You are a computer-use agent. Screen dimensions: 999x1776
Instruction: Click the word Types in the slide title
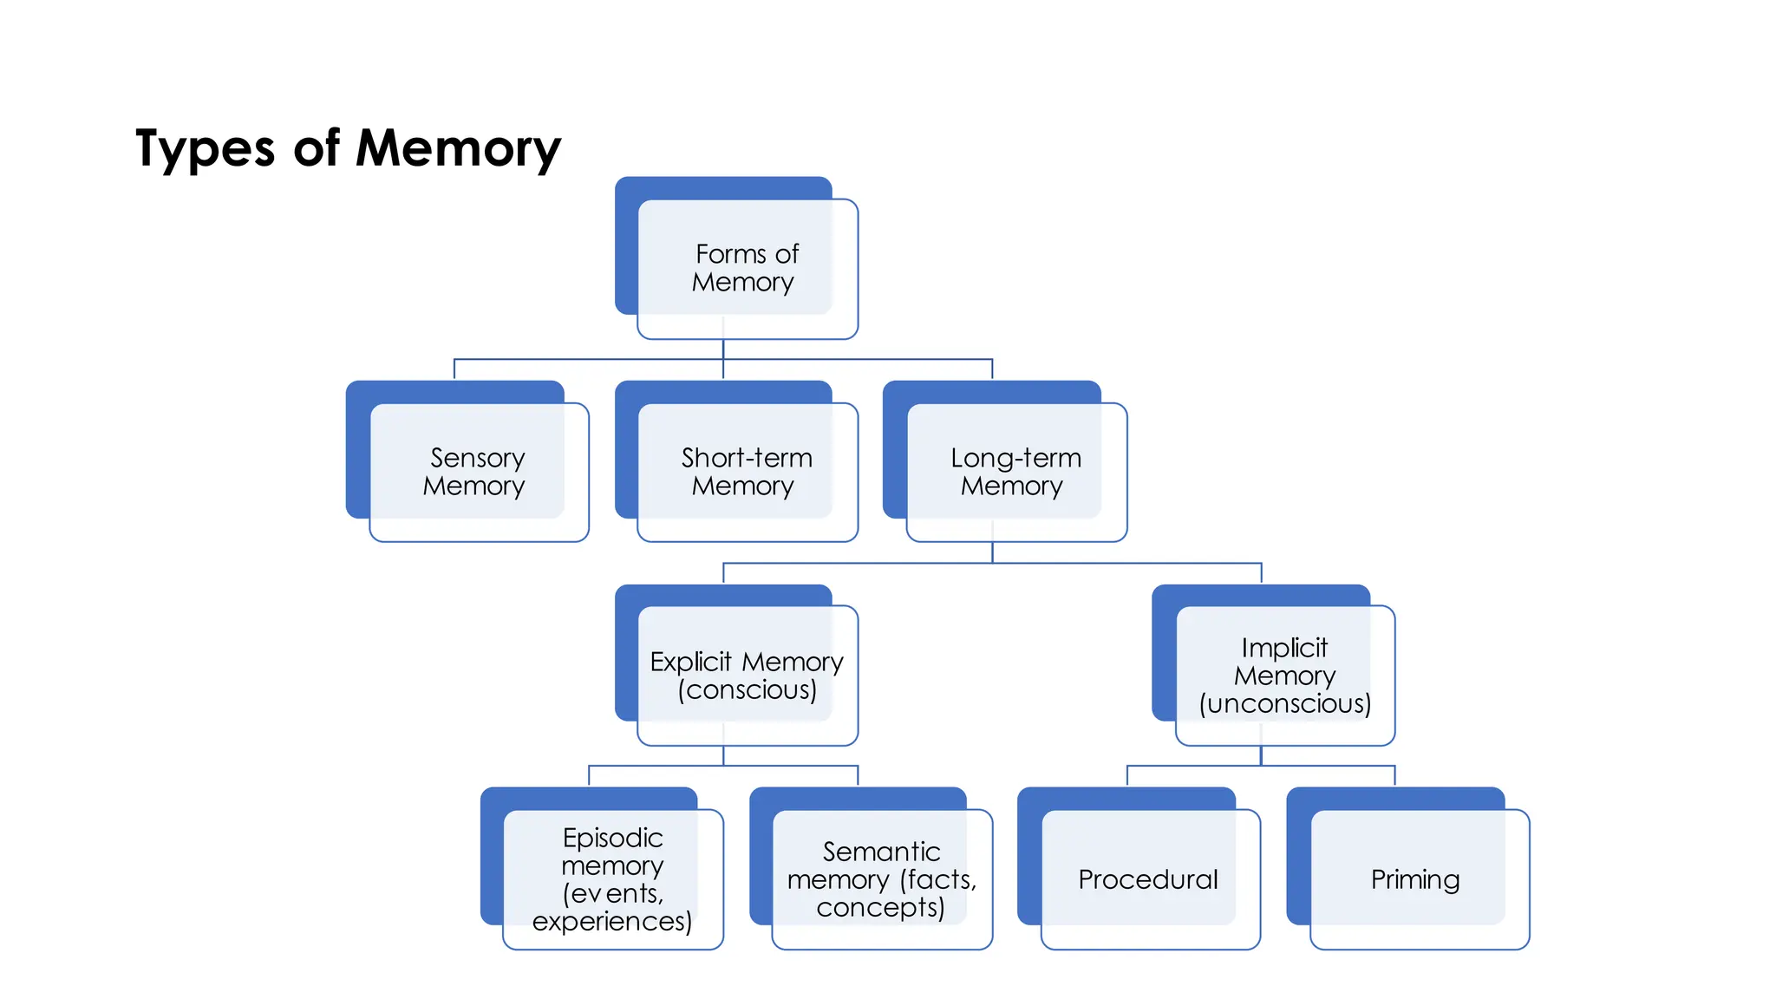tap(205, 149)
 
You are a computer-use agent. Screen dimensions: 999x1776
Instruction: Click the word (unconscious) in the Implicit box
tap(1284, 703)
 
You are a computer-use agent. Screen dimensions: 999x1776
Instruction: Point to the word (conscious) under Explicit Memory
tap(747, 689)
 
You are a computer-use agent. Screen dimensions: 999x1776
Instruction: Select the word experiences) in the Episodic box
tap(611, 921)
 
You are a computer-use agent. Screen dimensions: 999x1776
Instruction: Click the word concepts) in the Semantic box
tap(880, 907)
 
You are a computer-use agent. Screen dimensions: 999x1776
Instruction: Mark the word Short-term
tap(747, 457)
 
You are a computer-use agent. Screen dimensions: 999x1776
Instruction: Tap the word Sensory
tap(477, 457)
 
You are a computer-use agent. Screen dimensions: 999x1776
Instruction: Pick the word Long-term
tap(1015, 457)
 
